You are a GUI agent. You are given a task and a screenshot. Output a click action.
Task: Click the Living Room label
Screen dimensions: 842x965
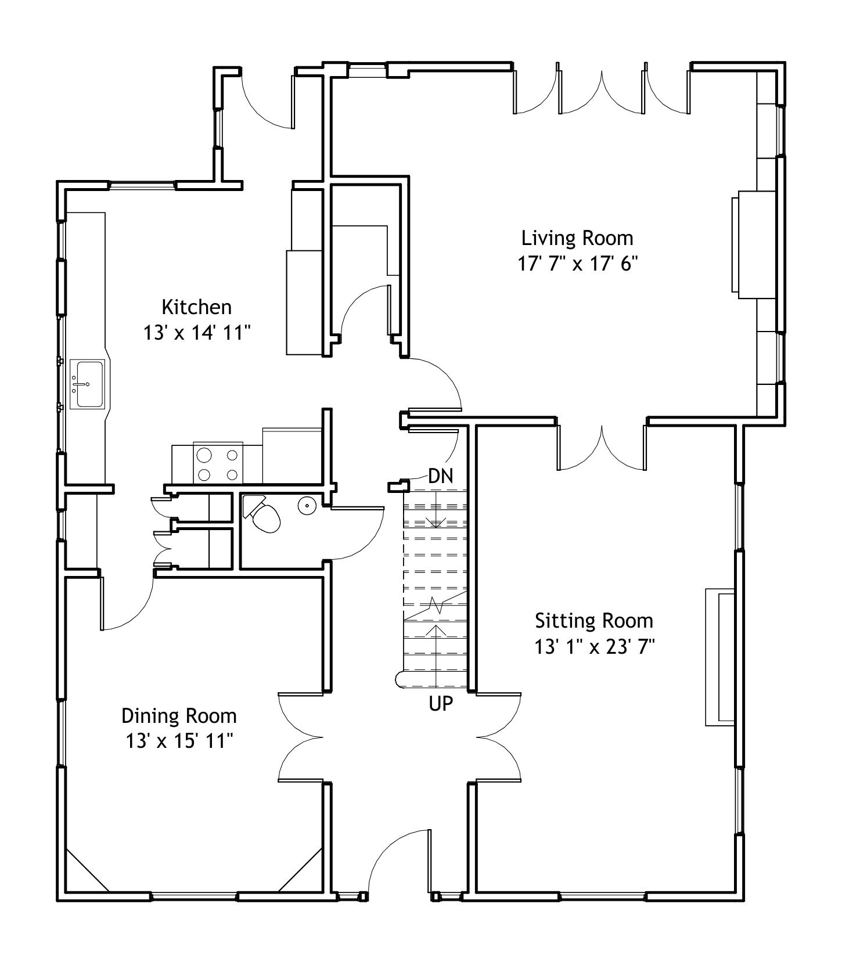pos(577,238)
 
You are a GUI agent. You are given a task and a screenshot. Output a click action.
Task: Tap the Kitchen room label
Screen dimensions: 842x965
pos(196,307)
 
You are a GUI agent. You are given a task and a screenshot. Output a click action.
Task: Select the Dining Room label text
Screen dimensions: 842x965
pos(179,716)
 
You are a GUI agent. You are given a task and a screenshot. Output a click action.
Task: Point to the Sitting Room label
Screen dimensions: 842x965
pos(594,621)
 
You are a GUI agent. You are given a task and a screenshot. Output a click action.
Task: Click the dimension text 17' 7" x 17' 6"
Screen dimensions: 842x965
pos(577,264)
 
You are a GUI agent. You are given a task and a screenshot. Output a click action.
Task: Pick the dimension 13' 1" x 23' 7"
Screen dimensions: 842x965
pos(594,647)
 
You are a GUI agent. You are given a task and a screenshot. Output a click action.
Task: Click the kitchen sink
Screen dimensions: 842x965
pos(87,384)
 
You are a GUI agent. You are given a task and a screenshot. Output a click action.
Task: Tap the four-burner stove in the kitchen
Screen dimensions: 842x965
pos(218,463)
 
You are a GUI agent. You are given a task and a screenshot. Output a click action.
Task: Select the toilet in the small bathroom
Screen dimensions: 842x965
pos(261,514)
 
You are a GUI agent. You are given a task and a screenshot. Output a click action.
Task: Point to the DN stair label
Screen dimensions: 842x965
pos(440,477)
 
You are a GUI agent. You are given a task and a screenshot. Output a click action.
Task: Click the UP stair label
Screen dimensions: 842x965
pos(441,704)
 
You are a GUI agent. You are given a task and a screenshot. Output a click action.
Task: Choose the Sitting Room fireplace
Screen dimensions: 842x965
pos(720,657)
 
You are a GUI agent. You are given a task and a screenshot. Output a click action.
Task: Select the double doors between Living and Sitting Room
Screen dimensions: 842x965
pos(602,448)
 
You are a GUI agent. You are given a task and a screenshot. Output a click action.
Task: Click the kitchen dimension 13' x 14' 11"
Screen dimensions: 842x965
pos(196,333)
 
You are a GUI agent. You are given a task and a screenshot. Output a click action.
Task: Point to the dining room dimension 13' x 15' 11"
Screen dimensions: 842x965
pos(179,741)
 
